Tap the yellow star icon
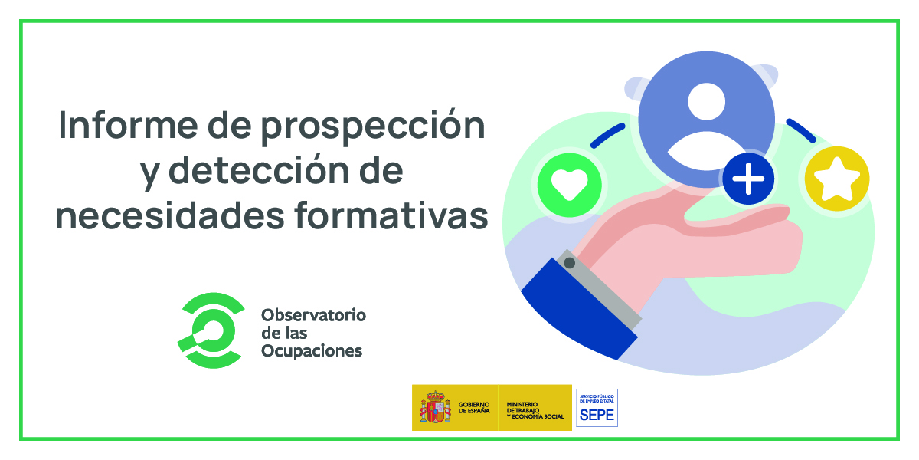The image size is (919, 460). pos(836,179)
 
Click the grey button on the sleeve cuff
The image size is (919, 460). pos(569,263)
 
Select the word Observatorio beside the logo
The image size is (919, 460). pos(313,315)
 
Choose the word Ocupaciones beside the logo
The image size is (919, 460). pos(312,351)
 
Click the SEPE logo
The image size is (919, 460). pos(597,408)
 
